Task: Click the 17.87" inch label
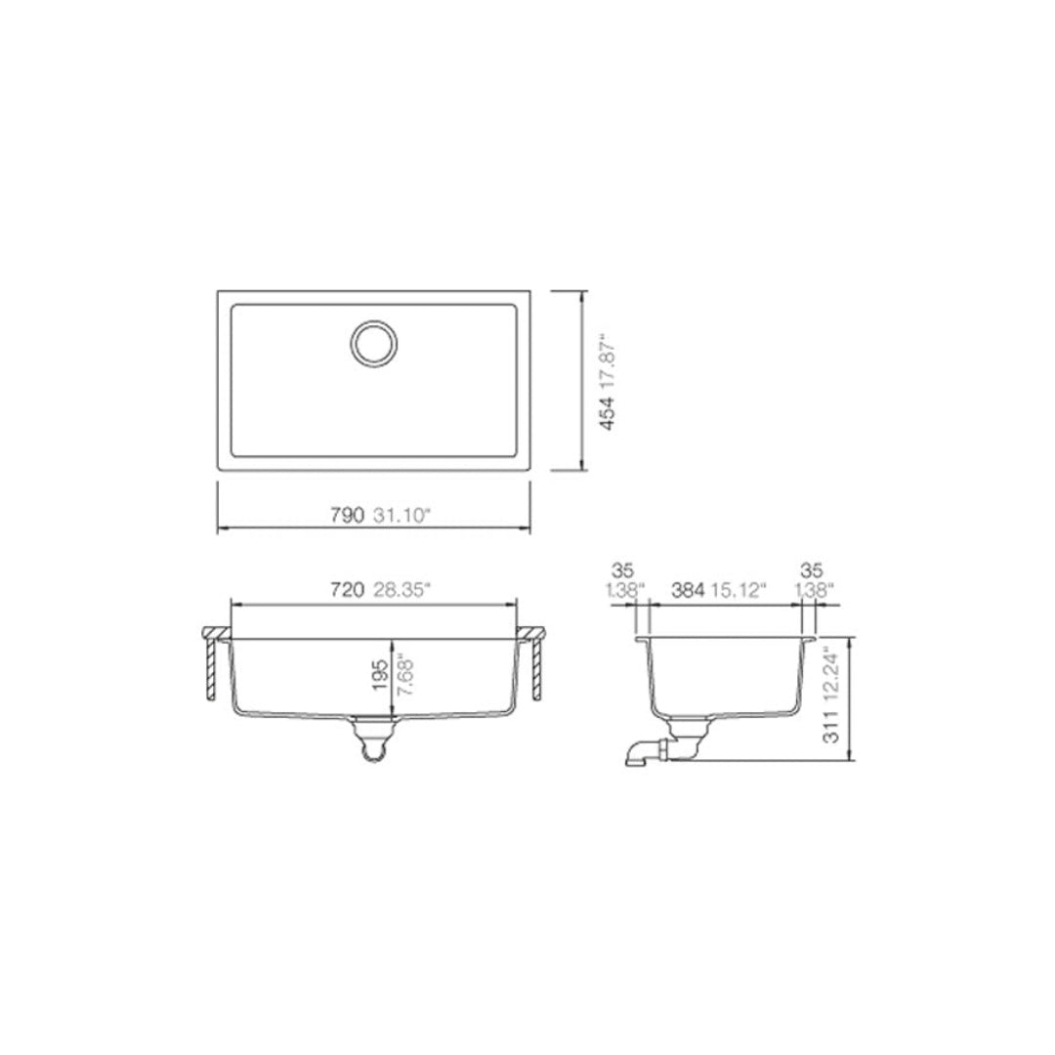coord(608,360)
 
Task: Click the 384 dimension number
coord(688,589)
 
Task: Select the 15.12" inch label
coord(738,589)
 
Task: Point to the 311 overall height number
coord(830,728)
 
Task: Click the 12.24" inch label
coord(830,673)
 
